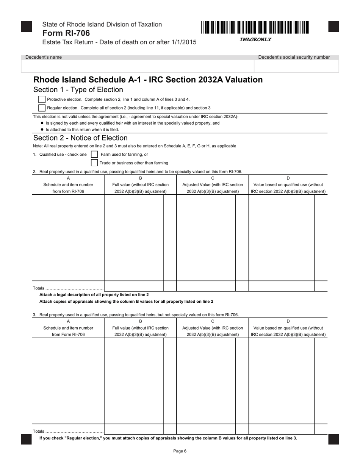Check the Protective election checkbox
coord(42,99)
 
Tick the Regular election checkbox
coord(42,108)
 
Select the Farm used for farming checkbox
coord(94,154)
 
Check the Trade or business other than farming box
coord(94,163)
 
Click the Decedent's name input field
coord(137,66)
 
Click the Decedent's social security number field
coord(296,66)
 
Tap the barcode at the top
coord(255,28)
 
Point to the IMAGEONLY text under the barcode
coord(255,39)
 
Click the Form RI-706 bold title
coord(66,33)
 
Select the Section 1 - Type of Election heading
coord(78,90)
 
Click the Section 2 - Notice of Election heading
coord(80,138)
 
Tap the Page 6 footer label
coord(180,451)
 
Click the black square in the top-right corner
coord(333,27)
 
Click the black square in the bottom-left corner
coord(27,439)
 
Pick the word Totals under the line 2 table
coord(39,288)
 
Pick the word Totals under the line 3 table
coord(39,431)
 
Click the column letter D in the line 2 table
coord(288,178)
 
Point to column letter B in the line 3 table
coord(140,321)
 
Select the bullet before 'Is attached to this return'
coord(42,130)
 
